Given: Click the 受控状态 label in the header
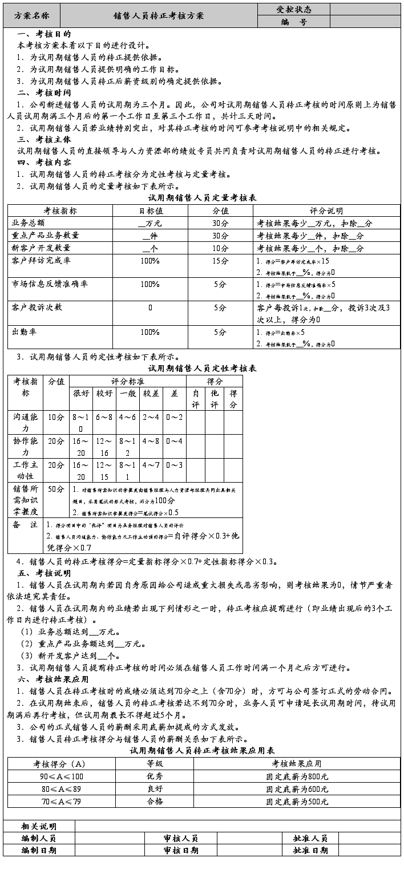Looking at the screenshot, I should (294, 9).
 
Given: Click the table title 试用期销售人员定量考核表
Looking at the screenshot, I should (202, 198).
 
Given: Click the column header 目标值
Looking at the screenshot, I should (150, 211).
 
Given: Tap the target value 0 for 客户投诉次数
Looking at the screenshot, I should (150, 307).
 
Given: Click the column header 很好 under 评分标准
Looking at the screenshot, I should (81, 393).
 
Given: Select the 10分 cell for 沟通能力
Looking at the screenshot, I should (56, 417).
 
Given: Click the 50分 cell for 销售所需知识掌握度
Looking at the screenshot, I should (56, 489).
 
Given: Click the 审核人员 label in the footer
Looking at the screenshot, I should (180, 838).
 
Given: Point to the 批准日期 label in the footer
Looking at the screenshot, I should (310, 850).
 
